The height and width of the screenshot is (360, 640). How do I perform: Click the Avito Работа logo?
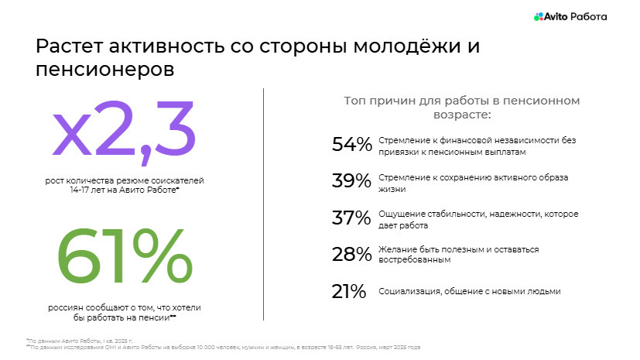570,15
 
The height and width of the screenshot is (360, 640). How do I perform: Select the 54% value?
352,145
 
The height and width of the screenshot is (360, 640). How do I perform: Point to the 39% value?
352,181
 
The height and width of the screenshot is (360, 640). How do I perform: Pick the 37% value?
352,218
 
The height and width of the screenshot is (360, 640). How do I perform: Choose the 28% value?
352,255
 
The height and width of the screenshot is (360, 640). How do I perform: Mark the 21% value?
349,291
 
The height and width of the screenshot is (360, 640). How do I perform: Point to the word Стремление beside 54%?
405,140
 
